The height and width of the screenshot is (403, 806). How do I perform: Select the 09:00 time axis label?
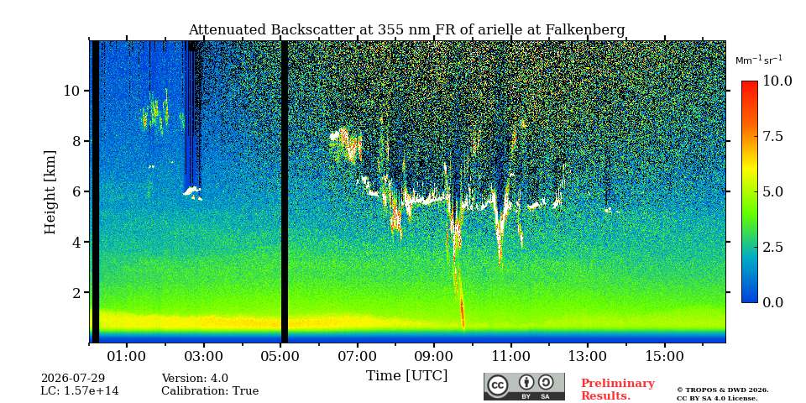(434, 356)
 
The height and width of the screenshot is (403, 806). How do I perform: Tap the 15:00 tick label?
(665, 356)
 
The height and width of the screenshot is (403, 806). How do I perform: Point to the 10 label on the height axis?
(71, 91)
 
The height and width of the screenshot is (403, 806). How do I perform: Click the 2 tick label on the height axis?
(74, 292)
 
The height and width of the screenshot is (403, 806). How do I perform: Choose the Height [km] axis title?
(50, 192)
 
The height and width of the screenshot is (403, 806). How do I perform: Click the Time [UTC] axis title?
(406, 375)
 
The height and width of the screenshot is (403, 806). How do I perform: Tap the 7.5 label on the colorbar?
(772, 136)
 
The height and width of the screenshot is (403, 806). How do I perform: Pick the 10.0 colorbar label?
(776, 81)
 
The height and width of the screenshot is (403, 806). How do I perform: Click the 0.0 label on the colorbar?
(772, 302)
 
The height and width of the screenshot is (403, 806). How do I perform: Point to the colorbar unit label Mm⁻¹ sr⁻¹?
(759, 60)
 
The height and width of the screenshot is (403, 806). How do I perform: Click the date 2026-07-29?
(72, 379)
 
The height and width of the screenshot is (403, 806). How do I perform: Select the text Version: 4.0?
(195, 379)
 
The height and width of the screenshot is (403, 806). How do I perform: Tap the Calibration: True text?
(210, 391)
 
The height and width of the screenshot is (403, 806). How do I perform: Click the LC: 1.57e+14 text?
(80, 391)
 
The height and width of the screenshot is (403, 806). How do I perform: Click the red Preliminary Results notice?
(617, 390)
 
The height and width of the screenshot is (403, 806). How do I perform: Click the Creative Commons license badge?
(524, 386)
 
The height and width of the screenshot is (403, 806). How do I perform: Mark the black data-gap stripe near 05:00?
(285, 191)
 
